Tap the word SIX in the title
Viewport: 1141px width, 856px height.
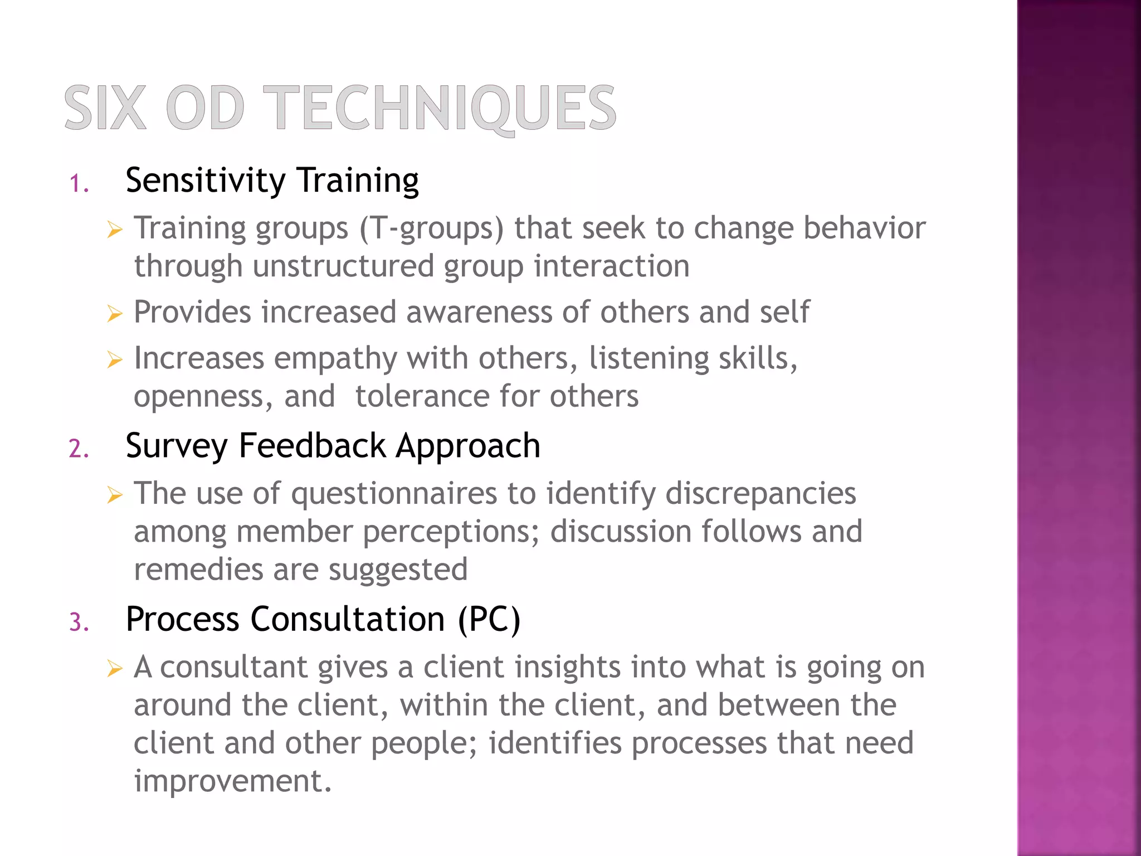point(105,108)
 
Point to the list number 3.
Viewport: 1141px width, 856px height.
point(79,622)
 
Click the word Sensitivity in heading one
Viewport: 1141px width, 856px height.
point(206,181)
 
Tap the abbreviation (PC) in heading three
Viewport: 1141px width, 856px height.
point(489,619)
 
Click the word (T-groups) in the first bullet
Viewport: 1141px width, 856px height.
point(431,229)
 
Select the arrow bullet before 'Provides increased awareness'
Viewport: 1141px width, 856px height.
point(114,314)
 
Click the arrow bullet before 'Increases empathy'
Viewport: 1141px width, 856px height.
point(114,360)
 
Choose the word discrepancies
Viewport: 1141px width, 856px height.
point(760,494)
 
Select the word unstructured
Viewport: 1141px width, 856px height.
point(343,266)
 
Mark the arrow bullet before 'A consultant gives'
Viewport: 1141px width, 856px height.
point(114,669)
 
